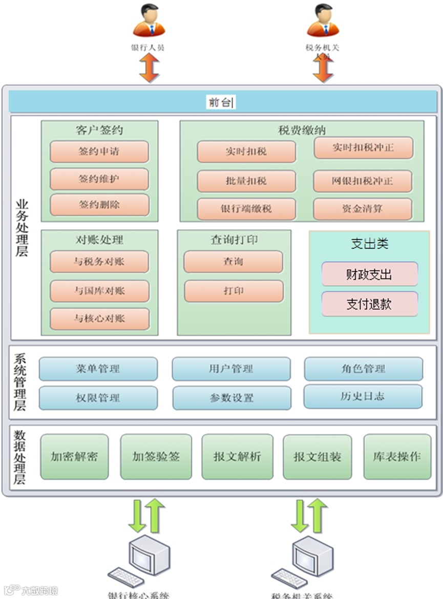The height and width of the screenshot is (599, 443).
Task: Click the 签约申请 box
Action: click(99, 152)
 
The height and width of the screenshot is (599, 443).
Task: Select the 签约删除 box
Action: click(99, 205)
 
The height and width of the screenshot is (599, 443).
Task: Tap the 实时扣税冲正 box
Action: click(363, 148)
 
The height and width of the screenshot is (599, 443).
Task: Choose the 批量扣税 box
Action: click(246, 181)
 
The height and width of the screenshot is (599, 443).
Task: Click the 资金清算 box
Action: click(363, 209)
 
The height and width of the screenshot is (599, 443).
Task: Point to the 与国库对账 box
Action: click(99, 291)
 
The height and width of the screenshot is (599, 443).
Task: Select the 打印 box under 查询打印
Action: click(234, 291)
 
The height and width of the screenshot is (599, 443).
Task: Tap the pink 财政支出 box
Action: click(369, 274)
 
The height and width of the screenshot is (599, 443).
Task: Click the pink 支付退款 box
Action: click(369, 304)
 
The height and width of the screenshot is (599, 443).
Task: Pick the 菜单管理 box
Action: click(98, 369)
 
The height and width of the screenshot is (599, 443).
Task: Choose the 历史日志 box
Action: click(363, 396)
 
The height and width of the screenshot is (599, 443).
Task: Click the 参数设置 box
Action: click(231, 398)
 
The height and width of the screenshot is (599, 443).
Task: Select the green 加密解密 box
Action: click(74, 457)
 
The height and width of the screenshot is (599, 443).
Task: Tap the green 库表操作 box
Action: click(397, 457)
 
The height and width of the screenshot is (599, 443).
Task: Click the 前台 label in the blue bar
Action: click(221, 102)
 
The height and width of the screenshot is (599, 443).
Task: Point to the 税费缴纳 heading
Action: click(302, 130)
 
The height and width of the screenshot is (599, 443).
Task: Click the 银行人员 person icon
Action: click(149, 22)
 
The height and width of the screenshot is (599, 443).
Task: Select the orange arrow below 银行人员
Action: click(149, 68)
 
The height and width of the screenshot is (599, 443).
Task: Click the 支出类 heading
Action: click(369, 244)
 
